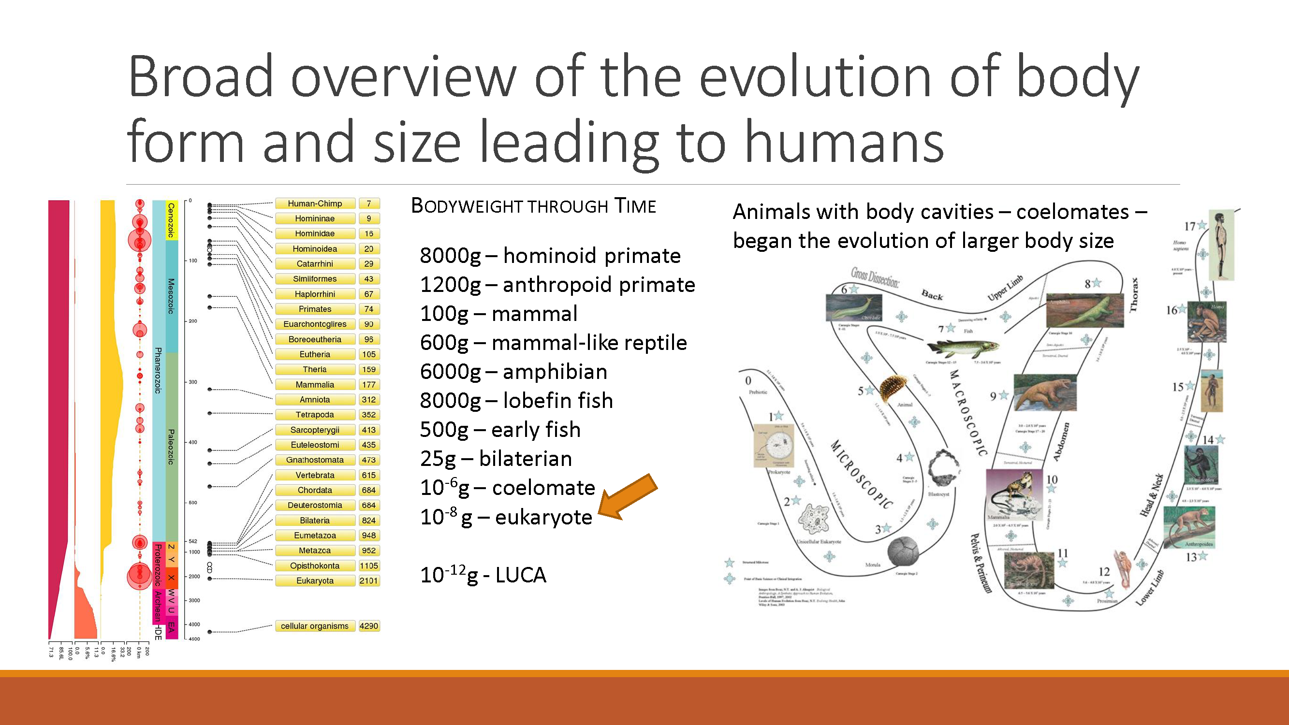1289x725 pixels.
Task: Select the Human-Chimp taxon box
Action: (x=315, y=203)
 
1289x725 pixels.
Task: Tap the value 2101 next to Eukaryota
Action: (x=368, y=580)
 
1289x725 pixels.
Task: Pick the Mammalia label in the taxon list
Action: (x=315, y=385)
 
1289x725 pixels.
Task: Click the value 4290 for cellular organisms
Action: (x=369, y=626)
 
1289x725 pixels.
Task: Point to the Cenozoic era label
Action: (x=171, y=220)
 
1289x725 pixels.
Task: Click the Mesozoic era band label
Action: (x=171, y=296)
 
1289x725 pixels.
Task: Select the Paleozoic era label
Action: (x=171, y=446)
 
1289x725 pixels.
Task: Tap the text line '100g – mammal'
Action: (x=498, y=314)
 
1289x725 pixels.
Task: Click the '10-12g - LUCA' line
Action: (x=483, y=575)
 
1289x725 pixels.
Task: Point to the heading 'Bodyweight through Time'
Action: (x=533, y=206)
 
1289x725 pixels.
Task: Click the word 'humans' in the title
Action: (x=844, y=142)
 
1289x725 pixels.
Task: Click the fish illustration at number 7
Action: (x=962, y=347)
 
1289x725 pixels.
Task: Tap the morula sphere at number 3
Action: (x=903, y=551)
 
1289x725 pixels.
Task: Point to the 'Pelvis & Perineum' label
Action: (x=980, y=563)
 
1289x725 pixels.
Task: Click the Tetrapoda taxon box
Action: (x=315, y=415)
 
